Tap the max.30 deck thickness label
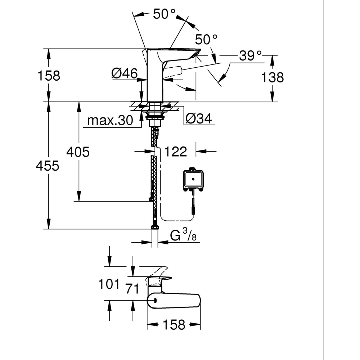tap(110, 121)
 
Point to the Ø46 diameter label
tap(124, 74)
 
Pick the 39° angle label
tap(251, 56)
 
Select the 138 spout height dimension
tap(272, 77)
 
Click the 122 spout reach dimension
tap(176, 152)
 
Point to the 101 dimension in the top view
tap(109, 284)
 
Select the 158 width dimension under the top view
tap(174, 325)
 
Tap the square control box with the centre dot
tap(193, 179)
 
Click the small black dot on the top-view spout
tap(155, 301)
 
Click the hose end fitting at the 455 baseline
tap(155, 226)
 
